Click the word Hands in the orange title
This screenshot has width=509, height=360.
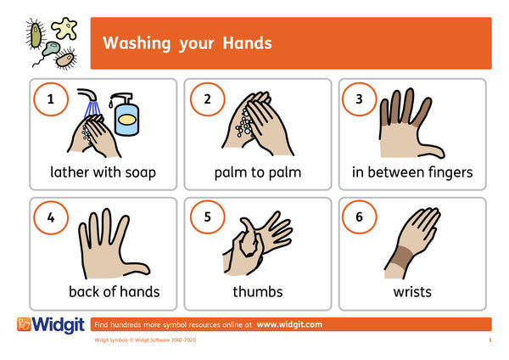247,43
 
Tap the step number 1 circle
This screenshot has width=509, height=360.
51,99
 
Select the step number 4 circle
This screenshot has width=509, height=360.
51,217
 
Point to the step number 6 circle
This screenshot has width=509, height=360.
359,217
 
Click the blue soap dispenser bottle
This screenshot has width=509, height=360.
126,115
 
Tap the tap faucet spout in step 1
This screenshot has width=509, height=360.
87,94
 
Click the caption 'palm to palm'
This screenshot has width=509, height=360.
258,173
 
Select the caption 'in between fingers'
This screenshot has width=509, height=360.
412,172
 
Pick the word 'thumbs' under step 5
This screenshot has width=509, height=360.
258,291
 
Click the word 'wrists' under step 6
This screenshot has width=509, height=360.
412,292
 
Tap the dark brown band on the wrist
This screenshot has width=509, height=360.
401,257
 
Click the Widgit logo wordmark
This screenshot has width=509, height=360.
58,325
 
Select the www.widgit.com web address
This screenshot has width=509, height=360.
289,324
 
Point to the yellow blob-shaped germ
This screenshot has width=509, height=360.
65,29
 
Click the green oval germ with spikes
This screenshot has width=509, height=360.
36,35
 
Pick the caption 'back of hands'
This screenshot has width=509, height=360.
115,292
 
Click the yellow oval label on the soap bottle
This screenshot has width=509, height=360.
127,120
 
